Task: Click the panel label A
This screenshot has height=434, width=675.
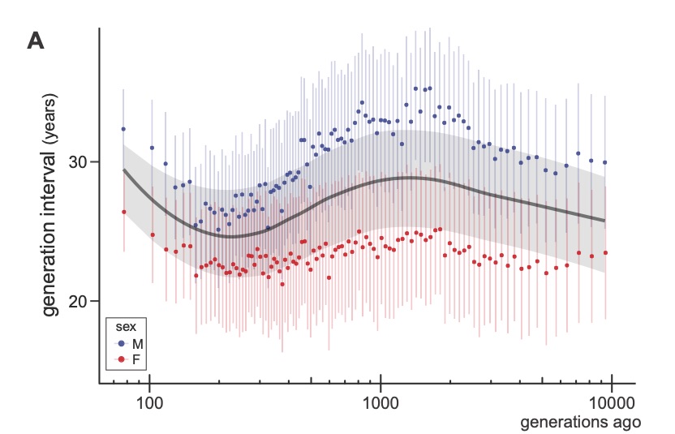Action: pos(36,40)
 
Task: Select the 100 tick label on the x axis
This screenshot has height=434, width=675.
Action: pos(150,402)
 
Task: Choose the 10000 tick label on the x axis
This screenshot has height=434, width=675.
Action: pos(610,402)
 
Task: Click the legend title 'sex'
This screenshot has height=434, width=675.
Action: pos(123,328)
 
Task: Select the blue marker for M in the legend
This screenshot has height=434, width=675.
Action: pos(120,343)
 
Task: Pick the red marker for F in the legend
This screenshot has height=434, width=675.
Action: pos(120,358)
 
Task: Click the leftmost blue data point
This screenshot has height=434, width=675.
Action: pos(123,129)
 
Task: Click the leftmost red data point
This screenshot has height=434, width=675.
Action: pos(123,212)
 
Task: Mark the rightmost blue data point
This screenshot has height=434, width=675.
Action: pos(605,162)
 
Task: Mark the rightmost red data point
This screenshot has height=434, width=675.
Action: pos(605,253)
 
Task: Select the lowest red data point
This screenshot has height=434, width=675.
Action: pos(282,284)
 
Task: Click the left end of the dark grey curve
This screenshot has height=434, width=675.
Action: pos(123,170)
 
